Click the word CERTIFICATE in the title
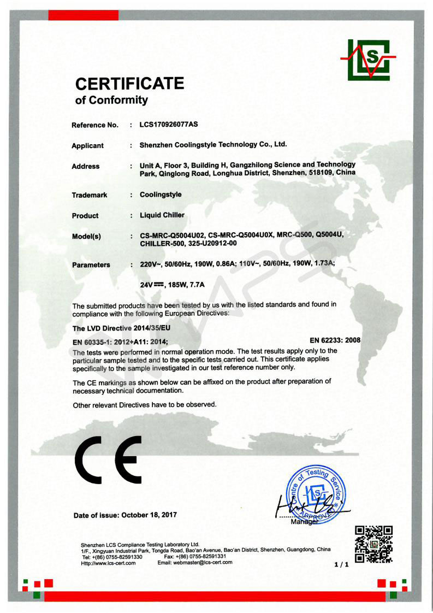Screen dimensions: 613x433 point(129,84)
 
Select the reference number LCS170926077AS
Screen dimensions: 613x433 point(169,125)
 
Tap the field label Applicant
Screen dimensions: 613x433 point(87,146)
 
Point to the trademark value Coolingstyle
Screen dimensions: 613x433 point(161,194)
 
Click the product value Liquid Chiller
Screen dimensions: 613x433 point(162,215)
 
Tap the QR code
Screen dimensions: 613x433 point(373,544)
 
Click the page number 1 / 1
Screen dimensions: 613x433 point(341,565)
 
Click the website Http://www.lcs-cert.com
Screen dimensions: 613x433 point(108,563)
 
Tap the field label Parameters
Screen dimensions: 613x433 point(91,265)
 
